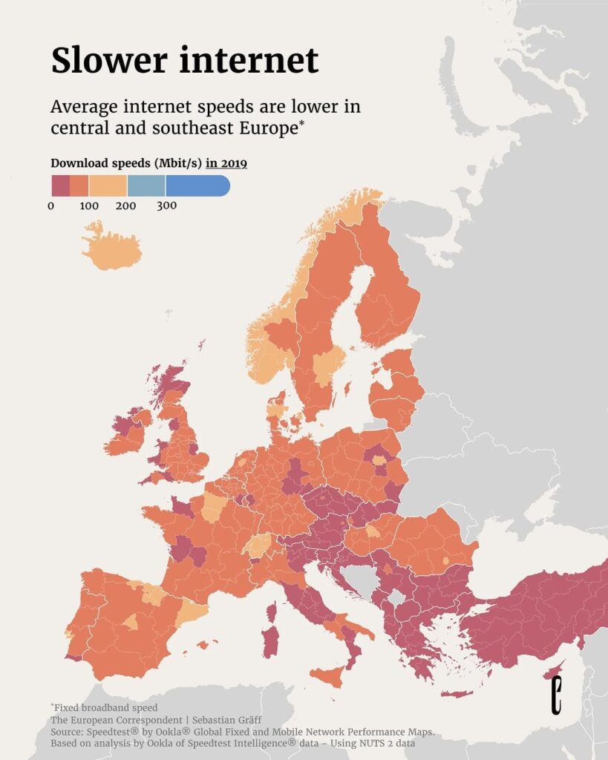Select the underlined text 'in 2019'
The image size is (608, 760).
click(226, 163)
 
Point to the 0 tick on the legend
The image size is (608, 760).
click(51, 206)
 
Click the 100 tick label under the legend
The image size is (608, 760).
click(89, 206)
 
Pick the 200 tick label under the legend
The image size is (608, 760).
click(126, 206)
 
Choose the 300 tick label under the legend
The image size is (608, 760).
click(166, 206)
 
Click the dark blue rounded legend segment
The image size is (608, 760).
click(197, 186)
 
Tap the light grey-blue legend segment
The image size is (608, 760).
click(146, 186)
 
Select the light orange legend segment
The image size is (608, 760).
click(108, 186)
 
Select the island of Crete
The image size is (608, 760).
click(457, 694)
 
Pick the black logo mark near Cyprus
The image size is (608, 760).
click(556, 695)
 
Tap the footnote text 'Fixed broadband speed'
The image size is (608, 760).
click(107, 707)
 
